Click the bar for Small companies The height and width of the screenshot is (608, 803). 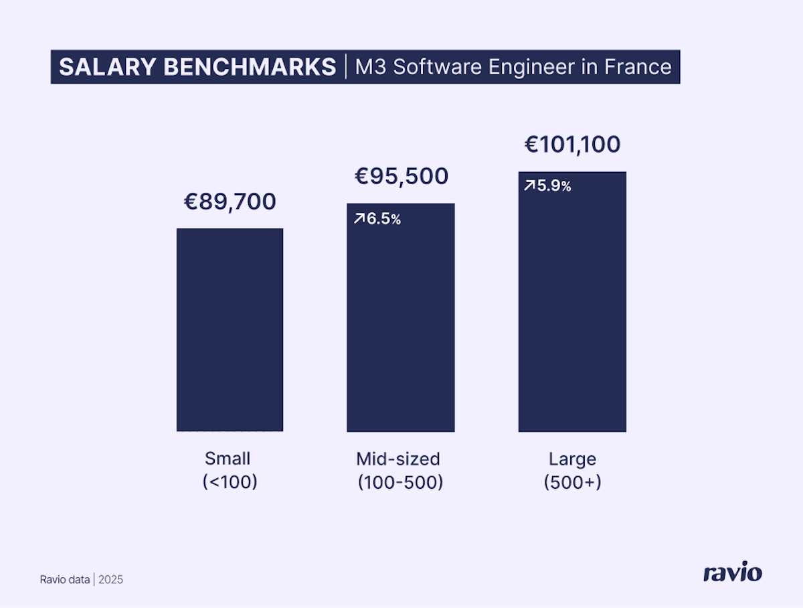pos(230,329)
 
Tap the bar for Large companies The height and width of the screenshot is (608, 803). pos(572,301)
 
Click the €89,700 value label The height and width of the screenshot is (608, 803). pos(230,202)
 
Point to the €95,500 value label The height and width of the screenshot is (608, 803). pos(401,177)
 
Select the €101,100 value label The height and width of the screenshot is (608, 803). pos(572,145)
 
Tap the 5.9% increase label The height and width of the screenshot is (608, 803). pos(554,186)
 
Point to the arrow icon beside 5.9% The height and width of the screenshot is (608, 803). pos(529,186)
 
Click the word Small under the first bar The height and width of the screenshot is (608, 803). pos(228,459)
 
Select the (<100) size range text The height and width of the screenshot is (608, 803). pos(230,482)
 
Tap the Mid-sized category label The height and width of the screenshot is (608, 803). pos(398,459)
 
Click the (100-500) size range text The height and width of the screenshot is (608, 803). pos(400,482)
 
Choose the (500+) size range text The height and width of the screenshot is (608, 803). pos(572,482)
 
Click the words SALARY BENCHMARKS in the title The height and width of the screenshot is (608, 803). pos(197,67)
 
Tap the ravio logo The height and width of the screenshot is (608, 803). pos(732,573)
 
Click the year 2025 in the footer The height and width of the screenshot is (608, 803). pos(111,580)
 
